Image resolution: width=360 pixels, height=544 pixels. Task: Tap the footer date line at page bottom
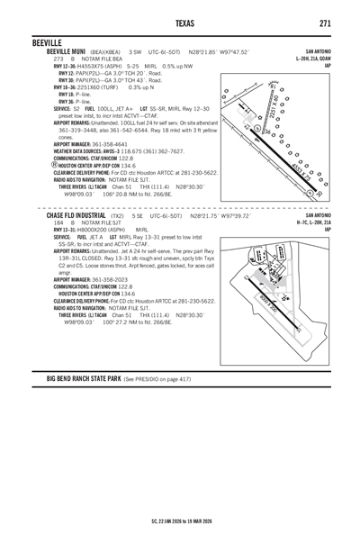click(180, 521)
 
